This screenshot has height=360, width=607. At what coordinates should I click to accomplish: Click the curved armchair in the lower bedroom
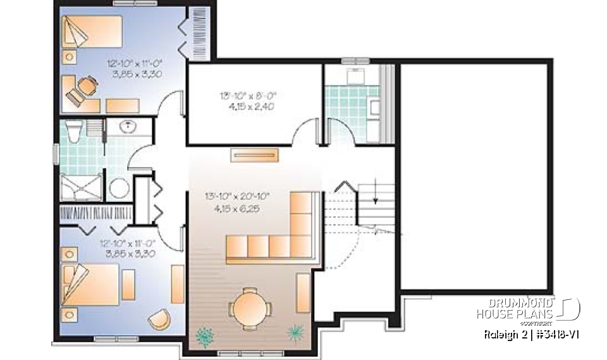(x=159, y=319)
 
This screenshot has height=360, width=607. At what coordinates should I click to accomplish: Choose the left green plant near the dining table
(x=205, y=337)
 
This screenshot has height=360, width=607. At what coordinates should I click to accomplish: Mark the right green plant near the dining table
(x=295, y=332)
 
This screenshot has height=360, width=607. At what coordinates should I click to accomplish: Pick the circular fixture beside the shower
(x=118, y=188)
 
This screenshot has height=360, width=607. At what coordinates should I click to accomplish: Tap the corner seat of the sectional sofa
(x=302, y=244)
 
